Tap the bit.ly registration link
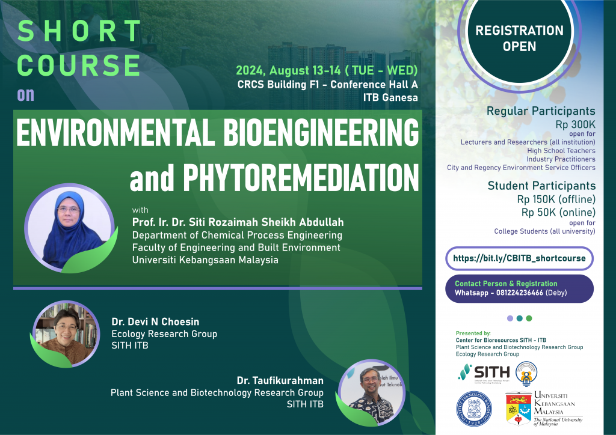(x=519, y=258)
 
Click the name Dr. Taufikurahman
(x=280, y=380)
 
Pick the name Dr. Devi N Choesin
(x=155, y=321)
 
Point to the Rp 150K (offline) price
(x=556, y=199)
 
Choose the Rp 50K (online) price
(x=558, y=211)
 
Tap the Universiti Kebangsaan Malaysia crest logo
(x=518, y=408)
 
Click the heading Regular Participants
(x=541, y=111)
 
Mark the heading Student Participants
(x=541, y=186)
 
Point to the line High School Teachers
(x=561, y=151)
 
